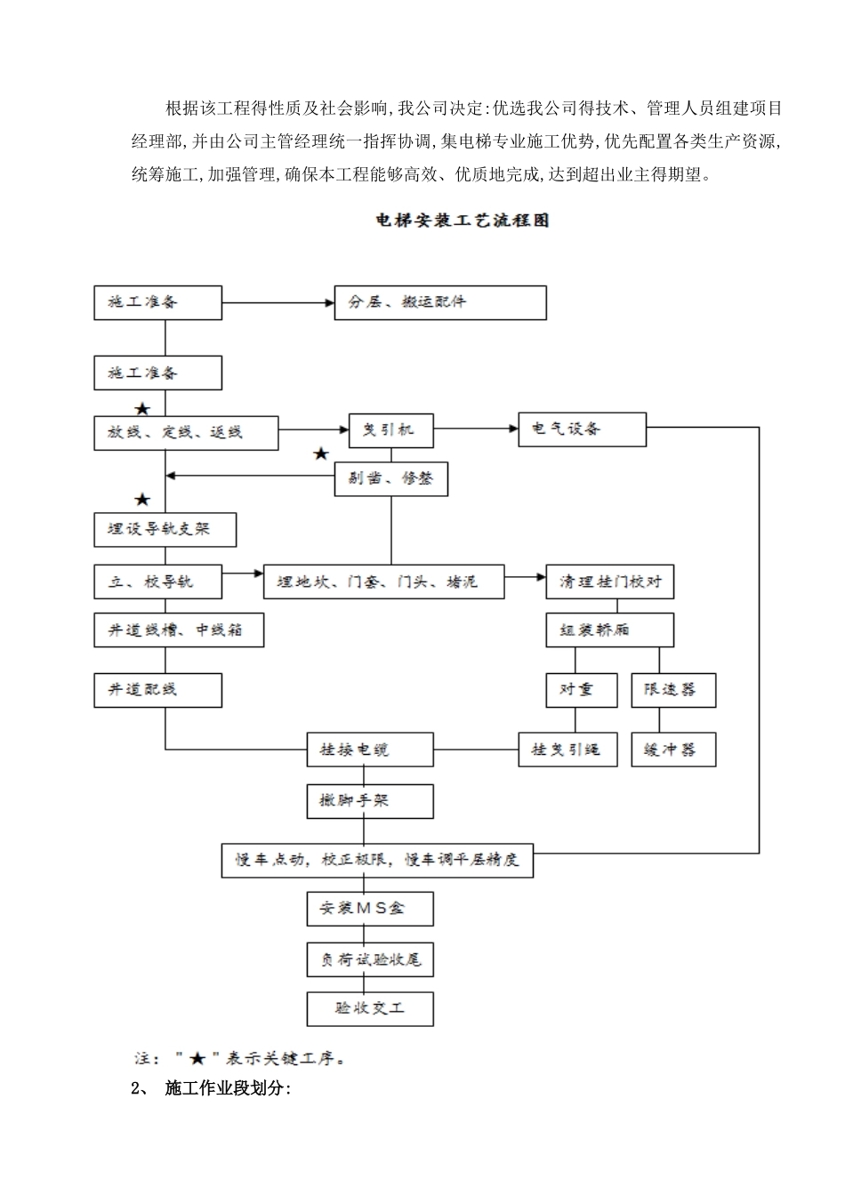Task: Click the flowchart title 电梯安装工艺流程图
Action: tap(463, 221)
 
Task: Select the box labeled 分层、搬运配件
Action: tap(439, 302)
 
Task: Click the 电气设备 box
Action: tap(583, 429)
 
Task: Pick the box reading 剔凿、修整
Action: tap(390, 479)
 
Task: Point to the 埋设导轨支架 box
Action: tap(165, 530)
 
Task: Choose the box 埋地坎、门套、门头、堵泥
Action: tap(383, 581)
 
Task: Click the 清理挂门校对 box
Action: tap(609, 581)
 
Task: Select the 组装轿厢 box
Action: tap(609, 630)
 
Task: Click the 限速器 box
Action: tap(673, 690)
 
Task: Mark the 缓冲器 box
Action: tap(673, 750)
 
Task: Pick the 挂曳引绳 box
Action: tap(567, 750)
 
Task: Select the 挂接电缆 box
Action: tap(370, 750)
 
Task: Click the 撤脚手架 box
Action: tap(370, 801)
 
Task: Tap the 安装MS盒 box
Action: tap(370, 909)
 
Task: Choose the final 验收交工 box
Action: tap(370, 1008)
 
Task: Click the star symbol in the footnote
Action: tap(197, 1058)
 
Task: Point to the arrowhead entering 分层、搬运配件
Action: tap(328, 302)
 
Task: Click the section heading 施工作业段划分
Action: tap(228, 1089)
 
